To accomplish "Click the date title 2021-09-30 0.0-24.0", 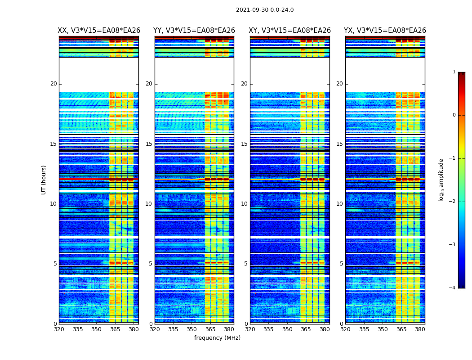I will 265,10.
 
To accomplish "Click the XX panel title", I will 99,31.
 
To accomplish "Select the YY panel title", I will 194,31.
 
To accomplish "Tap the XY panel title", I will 289,31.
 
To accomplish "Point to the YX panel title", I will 385,31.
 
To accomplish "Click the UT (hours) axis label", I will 44,180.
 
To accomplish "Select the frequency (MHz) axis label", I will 217,338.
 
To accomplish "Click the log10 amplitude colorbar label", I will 441,180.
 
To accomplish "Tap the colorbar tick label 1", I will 454,72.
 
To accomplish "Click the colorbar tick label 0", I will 454,115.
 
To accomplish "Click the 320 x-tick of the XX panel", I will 59,329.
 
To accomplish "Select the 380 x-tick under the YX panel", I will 420,329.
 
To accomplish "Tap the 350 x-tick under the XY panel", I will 287,329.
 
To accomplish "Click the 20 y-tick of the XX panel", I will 53,84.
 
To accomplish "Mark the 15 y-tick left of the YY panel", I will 149,144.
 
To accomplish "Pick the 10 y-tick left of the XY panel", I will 244,204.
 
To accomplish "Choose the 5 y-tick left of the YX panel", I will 341,264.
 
